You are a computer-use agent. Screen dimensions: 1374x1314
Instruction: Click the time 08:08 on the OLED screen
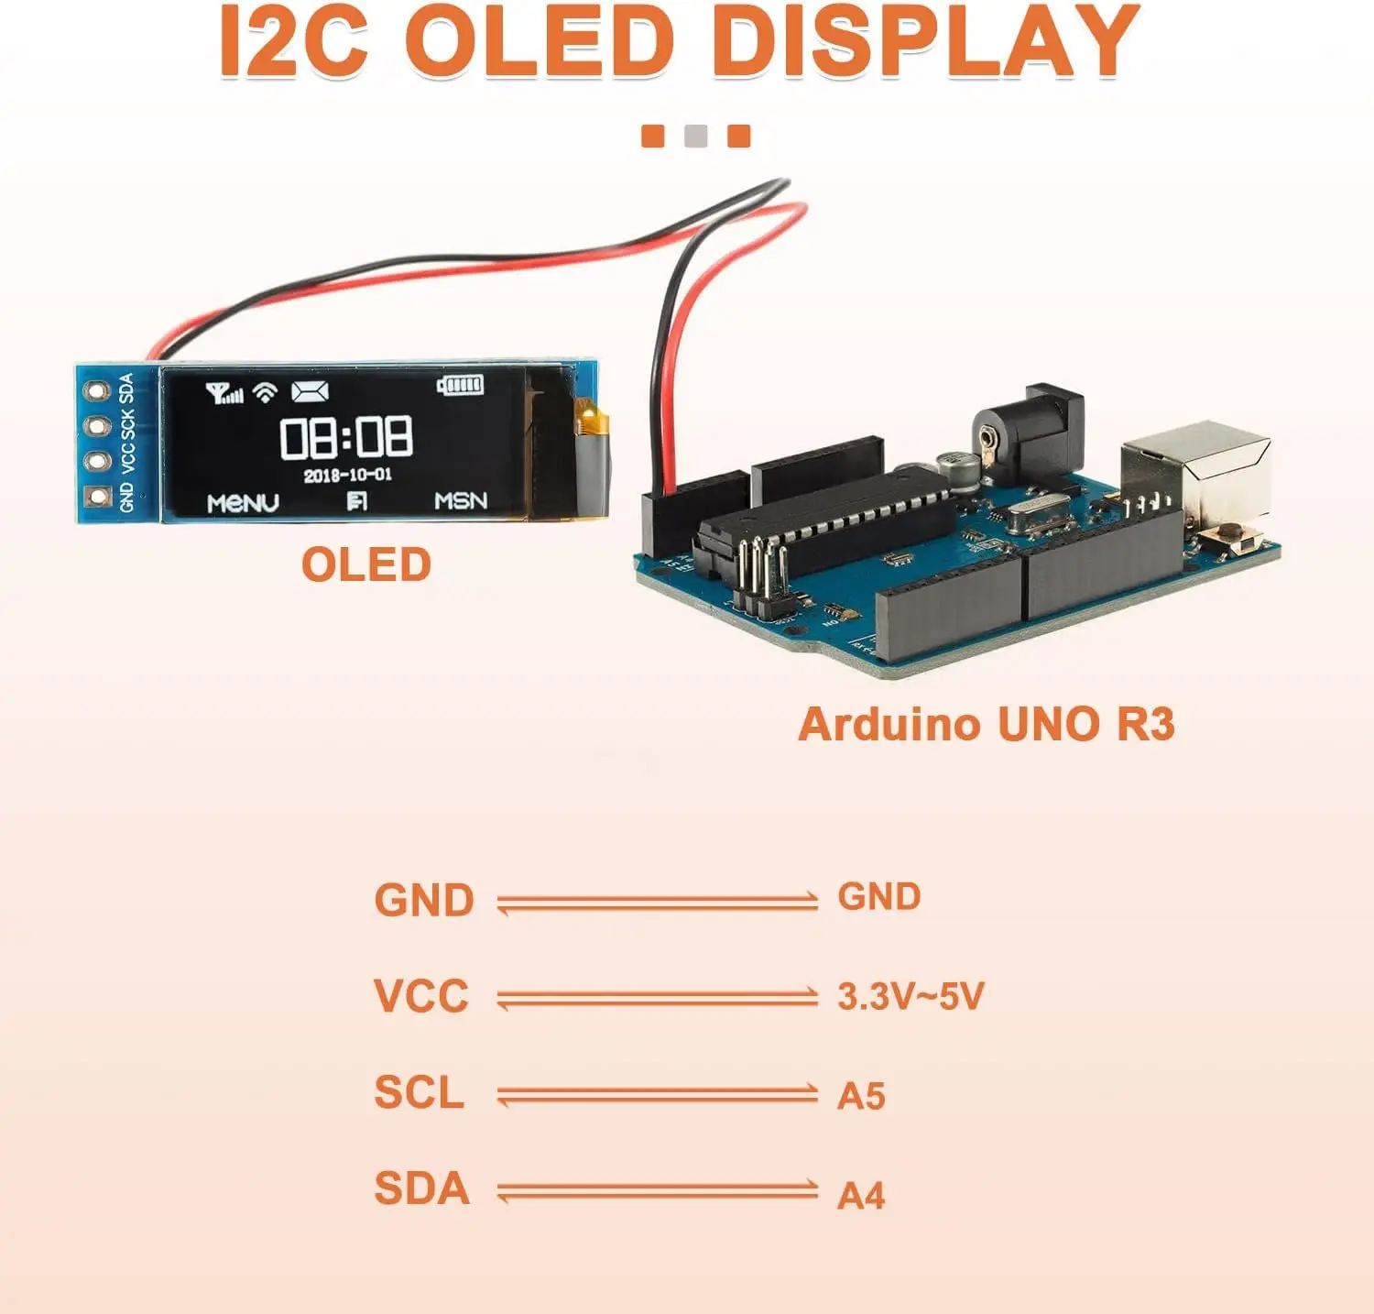click(x=346, y=437)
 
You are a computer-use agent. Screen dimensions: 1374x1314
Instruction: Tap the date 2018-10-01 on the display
click(x=347, y=475)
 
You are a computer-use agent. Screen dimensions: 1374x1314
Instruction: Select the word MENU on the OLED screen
click(x=243, y=502)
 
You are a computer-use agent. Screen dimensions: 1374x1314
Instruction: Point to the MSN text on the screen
click(x=460, y=500)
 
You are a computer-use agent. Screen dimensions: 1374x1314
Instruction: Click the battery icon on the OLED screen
click(x=460, y=385)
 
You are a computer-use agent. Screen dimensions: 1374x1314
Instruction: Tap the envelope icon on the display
click(x=310, y=392)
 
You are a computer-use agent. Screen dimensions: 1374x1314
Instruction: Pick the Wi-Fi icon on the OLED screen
click(x=265, y=393)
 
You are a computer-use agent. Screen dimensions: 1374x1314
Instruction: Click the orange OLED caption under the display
click(x=366, y=564)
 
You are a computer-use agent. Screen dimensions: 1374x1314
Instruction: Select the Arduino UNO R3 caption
click(x=986, y=724)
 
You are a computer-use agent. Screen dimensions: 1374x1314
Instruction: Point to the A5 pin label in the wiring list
click(x=861, y=1096)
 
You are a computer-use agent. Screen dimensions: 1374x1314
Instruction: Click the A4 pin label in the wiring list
click(x=861, y=1195)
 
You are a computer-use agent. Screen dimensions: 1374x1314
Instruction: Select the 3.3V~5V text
click(x=911, y=996)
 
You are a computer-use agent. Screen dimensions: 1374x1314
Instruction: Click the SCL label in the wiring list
click(x=420, y=1092)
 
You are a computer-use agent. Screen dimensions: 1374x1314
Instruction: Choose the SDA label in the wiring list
click(x=422, y=1188)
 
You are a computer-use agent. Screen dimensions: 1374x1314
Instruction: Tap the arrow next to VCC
click(x=657, y=998)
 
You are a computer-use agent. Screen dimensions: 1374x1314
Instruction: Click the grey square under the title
click(x=696, y=136)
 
